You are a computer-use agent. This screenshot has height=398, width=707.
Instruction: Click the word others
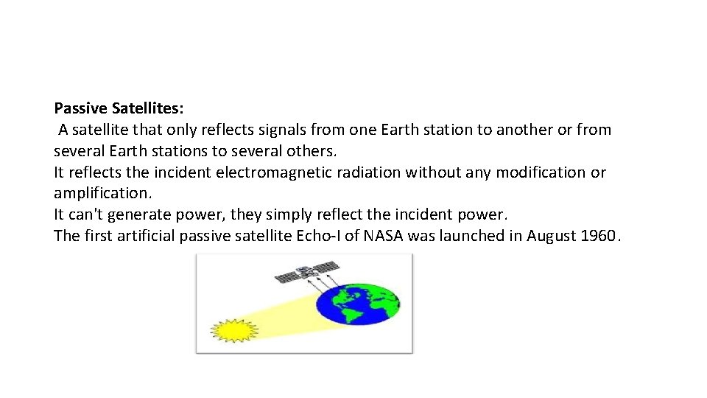pos(313,151)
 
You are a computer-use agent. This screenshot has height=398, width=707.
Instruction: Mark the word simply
pos(288,214)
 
